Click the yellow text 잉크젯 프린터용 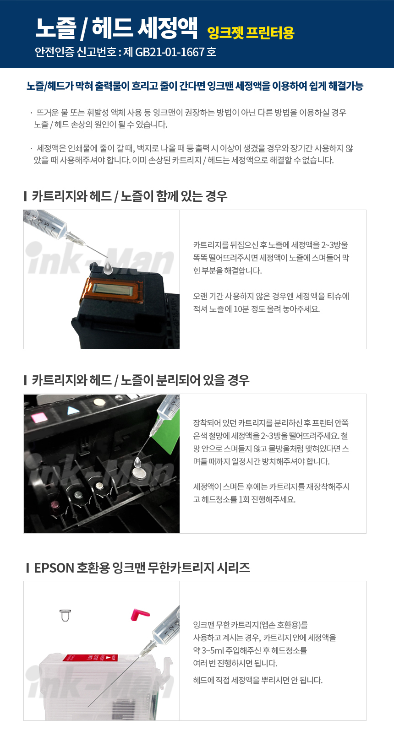251,32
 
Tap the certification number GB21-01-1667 170,52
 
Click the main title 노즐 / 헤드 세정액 116,28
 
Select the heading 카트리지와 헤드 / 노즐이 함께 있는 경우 130,196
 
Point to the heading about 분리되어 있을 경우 141,380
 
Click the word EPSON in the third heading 54,568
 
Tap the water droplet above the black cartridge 108,268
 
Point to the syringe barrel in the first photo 45,223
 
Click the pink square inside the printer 39,417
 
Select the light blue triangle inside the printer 73,411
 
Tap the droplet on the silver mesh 137,463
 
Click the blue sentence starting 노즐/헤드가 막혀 195,87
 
